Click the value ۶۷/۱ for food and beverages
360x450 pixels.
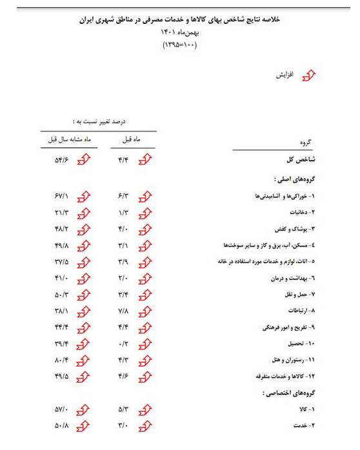[61, 194]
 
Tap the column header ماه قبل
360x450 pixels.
[132, 139]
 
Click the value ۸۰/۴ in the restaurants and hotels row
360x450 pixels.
[61, 359]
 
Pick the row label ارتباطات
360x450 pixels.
[298, 310]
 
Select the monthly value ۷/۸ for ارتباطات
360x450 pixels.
[124, 310]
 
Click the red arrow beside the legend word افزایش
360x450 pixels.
[310, 76]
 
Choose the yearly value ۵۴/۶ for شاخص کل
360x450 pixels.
[61, 159]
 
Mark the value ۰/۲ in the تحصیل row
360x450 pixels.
[124, 343]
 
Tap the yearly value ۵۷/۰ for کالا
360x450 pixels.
[61, 409]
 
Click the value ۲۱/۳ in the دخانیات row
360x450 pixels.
[61, 211]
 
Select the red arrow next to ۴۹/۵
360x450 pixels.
[83, 376]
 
